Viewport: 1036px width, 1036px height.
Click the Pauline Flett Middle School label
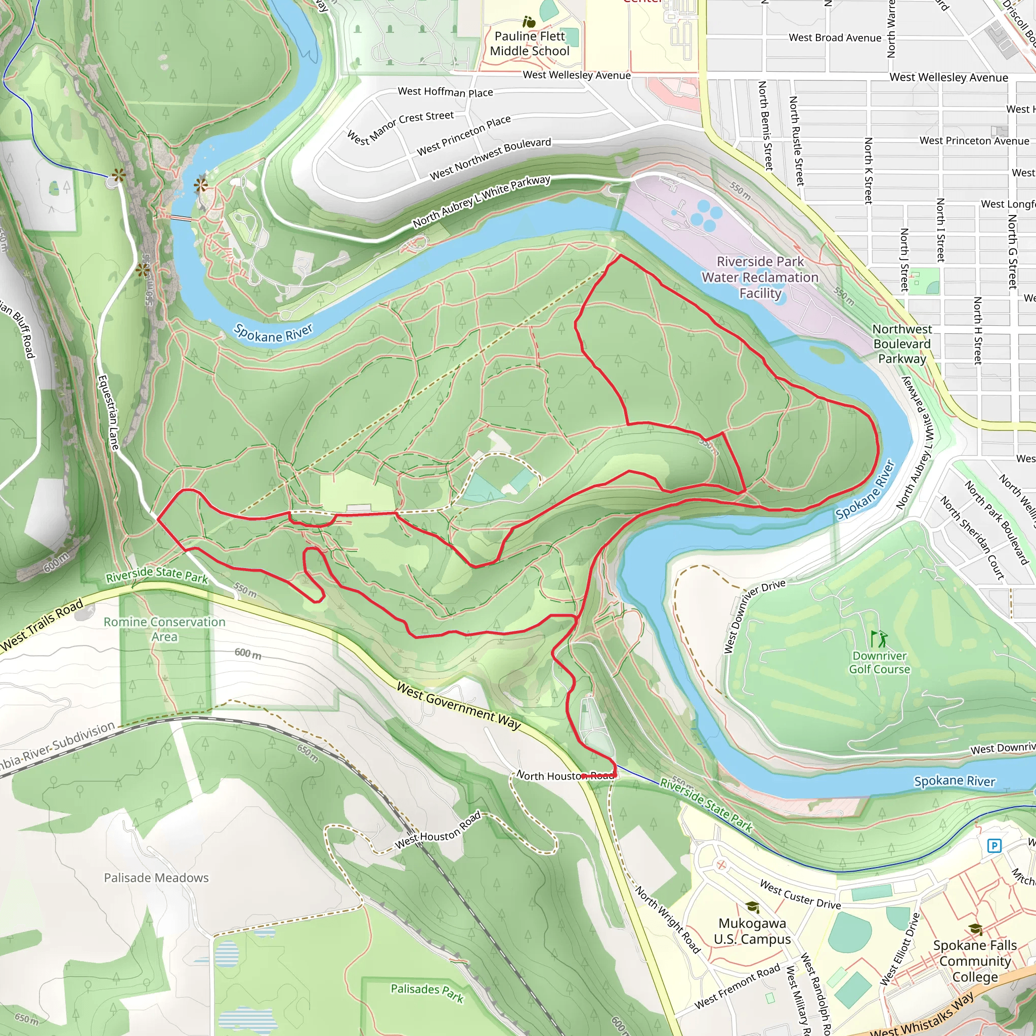point(529,44)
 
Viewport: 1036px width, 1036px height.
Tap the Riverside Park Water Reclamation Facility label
point(760,277)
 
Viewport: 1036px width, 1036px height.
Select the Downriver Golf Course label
point(879,662)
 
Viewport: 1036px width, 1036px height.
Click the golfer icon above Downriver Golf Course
point(878,639)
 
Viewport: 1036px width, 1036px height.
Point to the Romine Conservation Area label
point(164,629)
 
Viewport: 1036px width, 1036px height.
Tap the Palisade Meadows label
point(156,878)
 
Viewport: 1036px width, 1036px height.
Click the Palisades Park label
point(427,992)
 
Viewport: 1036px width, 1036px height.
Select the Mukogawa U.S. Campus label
point(752,931)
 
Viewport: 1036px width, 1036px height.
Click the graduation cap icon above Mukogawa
point(752,907)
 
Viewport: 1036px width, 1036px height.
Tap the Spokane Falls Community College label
point(974,961)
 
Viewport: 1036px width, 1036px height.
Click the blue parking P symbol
point(994,846)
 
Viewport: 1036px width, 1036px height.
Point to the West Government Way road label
point(458,706)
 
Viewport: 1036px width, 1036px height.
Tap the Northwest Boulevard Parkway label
point(902,343)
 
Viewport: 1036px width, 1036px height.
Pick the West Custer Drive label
point(800,894)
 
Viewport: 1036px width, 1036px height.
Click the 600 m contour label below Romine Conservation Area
point(248,653)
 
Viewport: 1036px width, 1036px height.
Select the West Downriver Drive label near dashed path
point(753,616)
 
